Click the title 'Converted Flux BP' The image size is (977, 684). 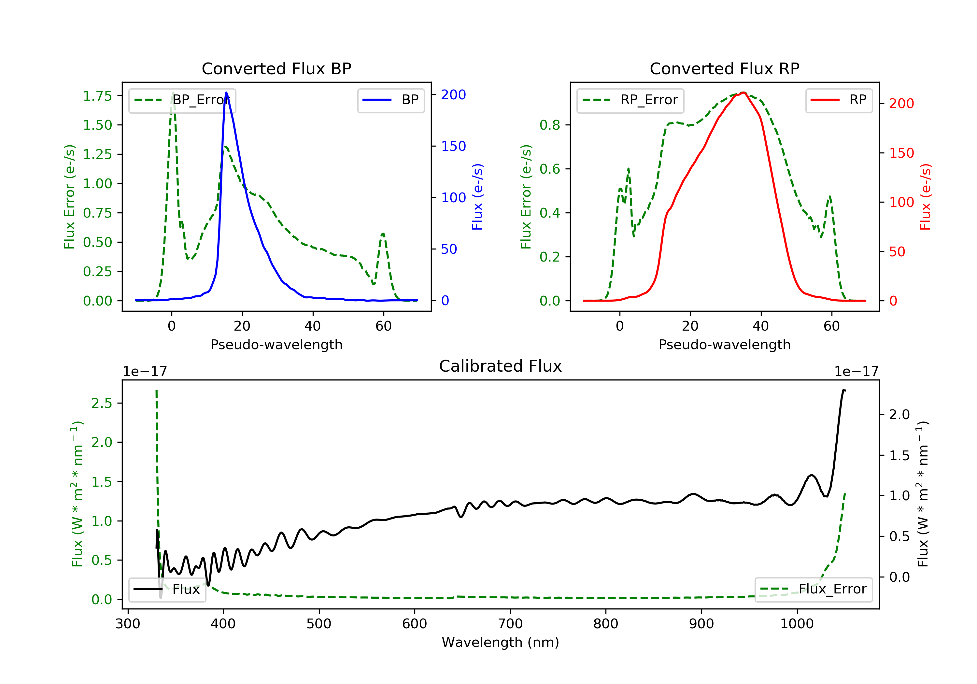[x=276, y=68]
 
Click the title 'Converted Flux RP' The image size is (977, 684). [x=725, y=68]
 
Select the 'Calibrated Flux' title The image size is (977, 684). [x=501, y=366]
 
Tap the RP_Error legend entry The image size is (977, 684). [x=630, y=100]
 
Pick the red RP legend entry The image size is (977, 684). [x=839, y=100]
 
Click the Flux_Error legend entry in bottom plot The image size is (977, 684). [x=814, y=589]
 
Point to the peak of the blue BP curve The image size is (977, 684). [x=226, y=93]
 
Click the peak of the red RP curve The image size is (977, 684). [x=743, y=93]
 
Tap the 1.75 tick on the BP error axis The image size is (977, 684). [x=97, y=96]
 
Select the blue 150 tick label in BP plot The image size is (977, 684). [x=454, y=146]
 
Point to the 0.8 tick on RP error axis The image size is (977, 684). [x=550, y=125]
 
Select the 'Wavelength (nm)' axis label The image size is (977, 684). [x=501, y=642]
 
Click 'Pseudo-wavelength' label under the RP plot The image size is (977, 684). [x=725, y=344]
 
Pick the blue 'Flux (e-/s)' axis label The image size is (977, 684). [x=477, y=197]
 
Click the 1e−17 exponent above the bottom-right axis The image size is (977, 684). [x=856, y=372]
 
